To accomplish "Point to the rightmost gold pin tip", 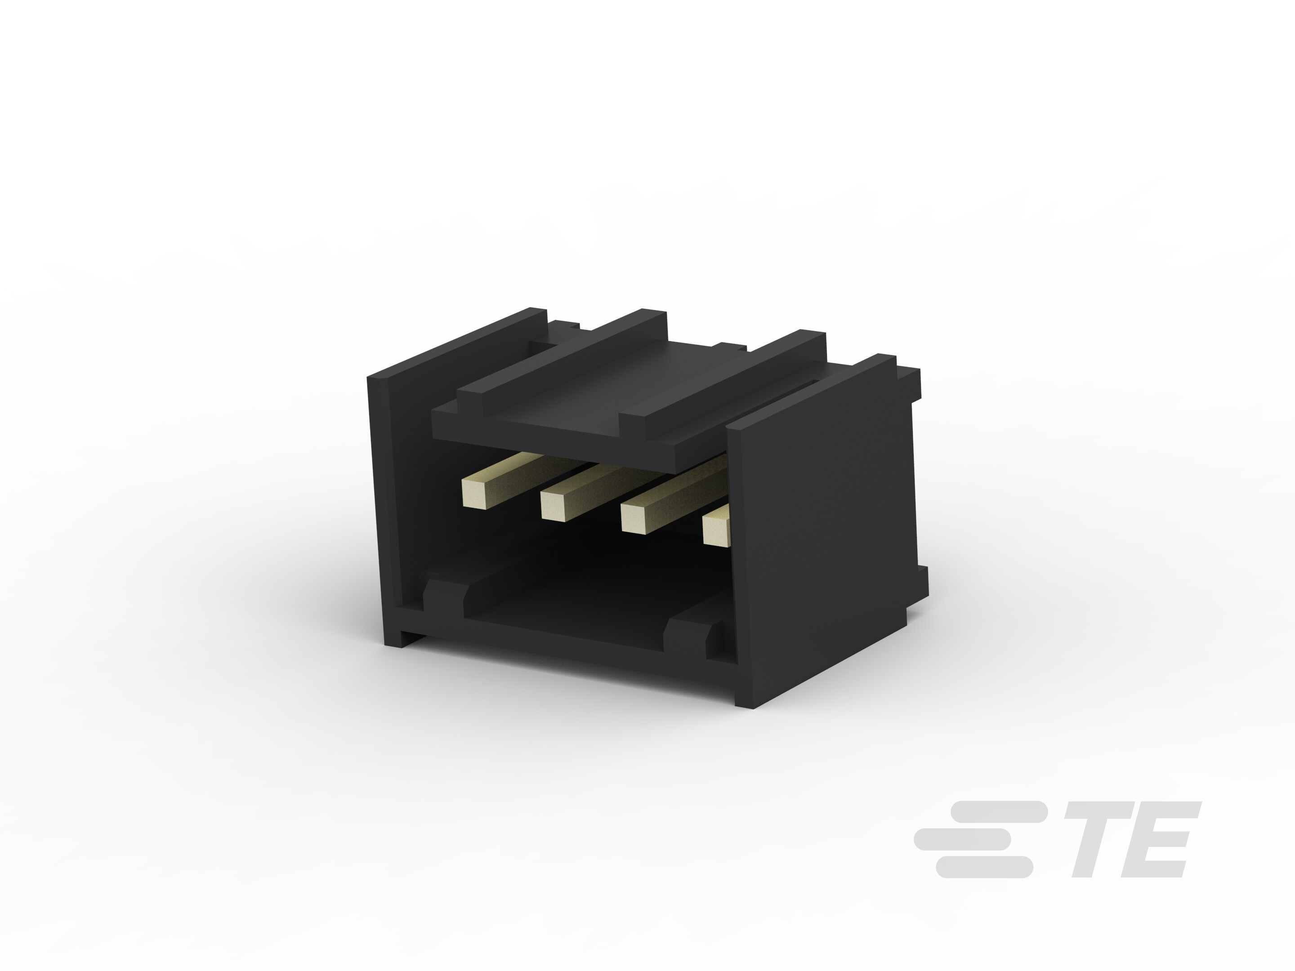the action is click(715, 529).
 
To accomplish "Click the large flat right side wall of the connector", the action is click(826, 527).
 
